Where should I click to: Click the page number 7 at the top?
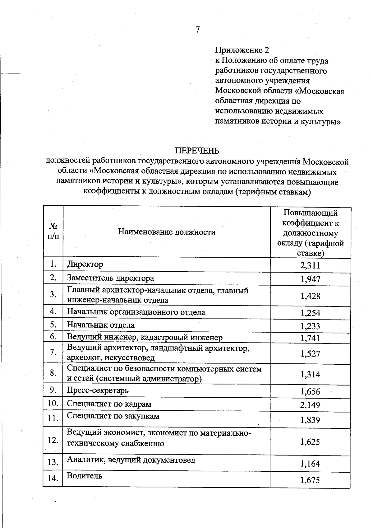198,30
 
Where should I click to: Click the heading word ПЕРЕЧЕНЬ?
197,151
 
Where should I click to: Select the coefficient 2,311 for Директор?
310,265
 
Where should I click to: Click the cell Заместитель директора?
110,278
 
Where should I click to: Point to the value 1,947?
310,279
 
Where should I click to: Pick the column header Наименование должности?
167,232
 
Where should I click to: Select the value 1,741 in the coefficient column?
310,338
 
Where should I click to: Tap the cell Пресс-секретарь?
98,390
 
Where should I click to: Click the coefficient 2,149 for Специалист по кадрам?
310,405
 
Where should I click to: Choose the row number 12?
53,440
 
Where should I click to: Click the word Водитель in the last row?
85,476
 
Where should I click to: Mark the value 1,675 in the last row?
310,480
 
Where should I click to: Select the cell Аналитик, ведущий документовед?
131,460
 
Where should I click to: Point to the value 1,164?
310,464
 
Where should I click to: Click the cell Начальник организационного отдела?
136,312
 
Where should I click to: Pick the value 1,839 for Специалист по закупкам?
310,420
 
